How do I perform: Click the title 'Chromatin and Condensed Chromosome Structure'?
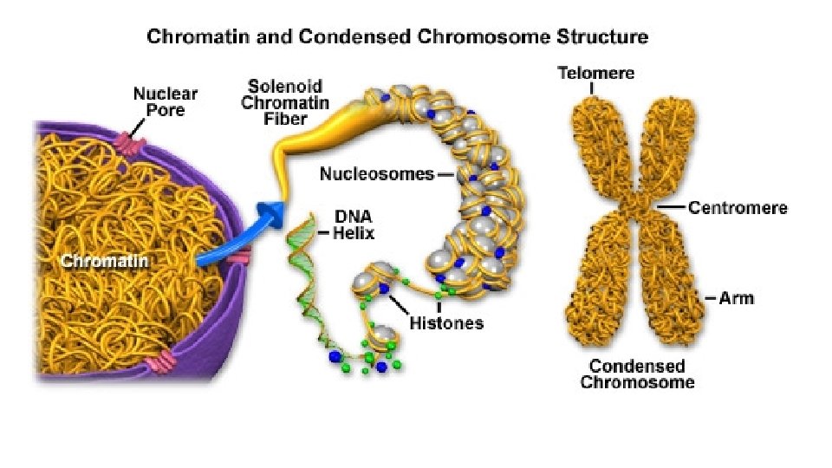(398, 37)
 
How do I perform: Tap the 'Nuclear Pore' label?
(165, 102)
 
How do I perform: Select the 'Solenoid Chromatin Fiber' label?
(286, 102)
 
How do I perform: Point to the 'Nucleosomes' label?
(376, 173)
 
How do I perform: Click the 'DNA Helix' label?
(354, 224)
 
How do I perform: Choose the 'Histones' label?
(445, 323)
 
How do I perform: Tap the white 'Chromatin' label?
(103, 260)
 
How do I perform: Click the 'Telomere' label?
(595, 73)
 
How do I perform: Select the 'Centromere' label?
(738, 207)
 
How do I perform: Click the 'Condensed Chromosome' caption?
(637, 374)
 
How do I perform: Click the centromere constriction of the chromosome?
(639, 207)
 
